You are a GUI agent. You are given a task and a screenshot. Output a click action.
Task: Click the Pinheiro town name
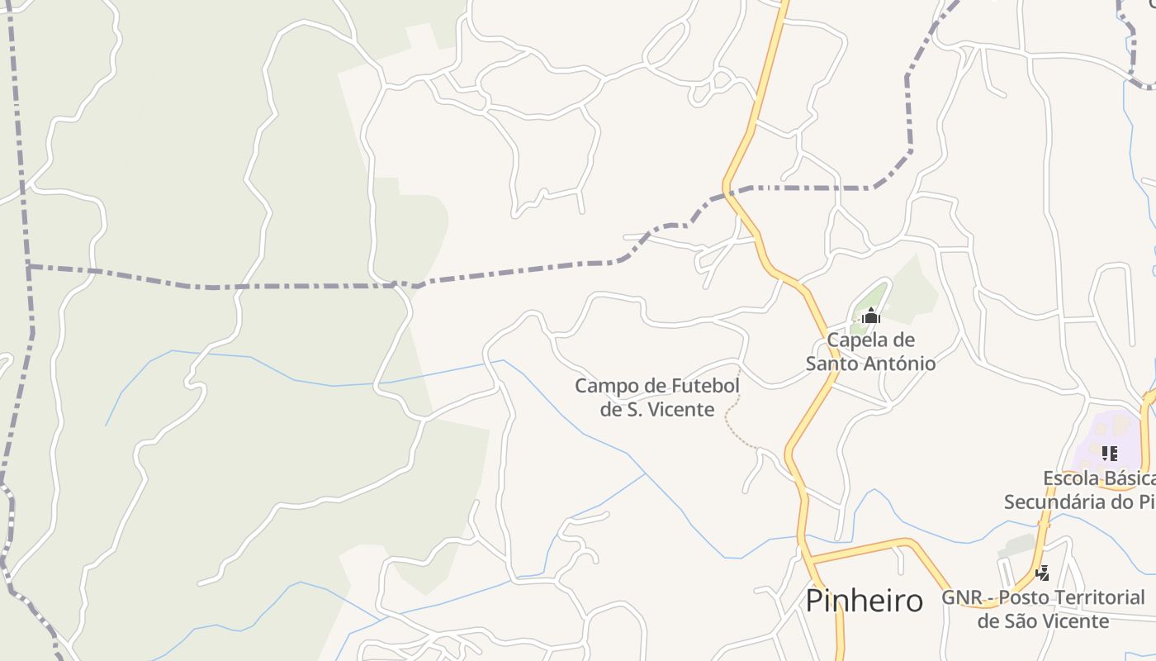click(864, 601)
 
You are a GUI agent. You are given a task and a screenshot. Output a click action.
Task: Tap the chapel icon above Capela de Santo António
click(870, 316)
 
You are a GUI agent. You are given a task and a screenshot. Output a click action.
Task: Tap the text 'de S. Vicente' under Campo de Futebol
click(657, 409)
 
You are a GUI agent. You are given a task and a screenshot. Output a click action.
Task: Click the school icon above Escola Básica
click(1109, 454)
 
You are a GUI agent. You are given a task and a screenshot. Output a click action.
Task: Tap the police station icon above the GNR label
click(1043, 573)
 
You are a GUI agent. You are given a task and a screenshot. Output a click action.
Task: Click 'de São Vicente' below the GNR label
click(1043, 621)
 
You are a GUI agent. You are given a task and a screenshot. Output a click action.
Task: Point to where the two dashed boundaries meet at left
click(29, 266)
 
